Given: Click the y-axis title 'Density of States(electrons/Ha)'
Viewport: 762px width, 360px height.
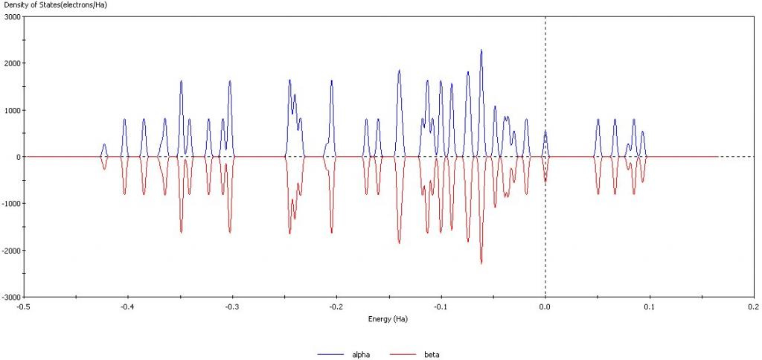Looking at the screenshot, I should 47,6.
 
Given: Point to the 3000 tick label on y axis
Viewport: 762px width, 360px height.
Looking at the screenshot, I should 12,16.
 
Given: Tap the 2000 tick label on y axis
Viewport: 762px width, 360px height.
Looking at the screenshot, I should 12,63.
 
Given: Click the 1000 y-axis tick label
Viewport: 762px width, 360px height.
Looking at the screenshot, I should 12,110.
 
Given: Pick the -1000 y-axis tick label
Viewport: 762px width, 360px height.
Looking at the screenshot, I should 10,203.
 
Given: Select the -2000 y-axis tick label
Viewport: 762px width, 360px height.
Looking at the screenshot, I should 10,250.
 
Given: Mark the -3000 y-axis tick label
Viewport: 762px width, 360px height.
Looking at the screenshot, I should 10,297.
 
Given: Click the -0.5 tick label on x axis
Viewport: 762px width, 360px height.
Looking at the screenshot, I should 24,306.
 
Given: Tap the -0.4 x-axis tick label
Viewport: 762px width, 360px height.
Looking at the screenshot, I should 128,306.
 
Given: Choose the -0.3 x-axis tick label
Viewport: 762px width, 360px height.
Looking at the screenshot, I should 232,306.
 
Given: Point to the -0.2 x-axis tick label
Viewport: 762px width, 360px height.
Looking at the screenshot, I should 336,306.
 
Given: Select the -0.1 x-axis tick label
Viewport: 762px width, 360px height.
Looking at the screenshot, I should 441,306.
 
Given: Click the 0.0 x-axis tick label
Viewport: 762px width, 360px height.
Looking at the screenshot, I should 545,306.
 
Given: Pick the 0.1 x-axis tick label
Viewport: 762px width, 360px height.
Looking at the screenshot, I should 650,306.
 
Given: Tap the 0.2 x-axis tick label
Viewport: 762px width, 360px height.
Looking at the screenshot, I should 753,306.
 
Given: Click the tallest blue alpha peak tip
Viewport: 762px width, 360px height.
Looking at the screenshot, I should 481,50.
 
